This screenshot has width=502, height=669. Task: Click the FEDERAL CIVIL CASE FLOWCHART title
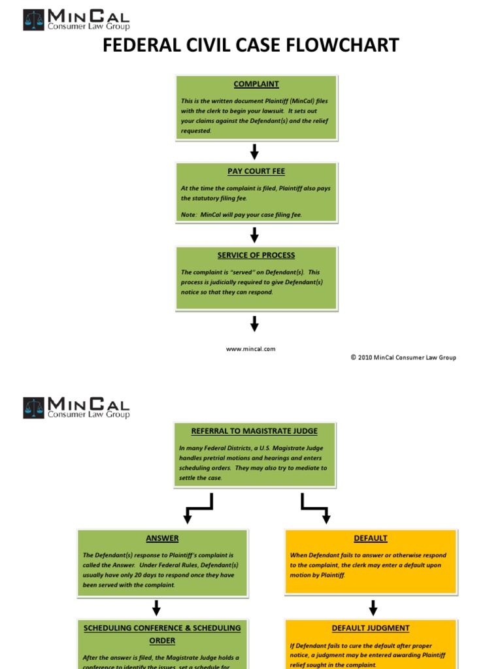point(251,45)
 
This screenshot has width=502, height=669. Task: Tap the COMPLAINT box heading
point(256,84)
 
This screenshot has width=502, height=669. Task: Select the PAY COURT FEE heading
point(256,171)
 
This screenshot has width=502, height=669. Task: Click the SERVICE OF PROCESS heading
point(256,255)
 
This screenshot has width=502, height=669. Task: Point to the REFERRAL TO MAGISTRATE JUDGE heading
point(254,431)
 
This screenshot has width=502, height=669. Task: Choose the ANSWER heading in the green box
point(162,538)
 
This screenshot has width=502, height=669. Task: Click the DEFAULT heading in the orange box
point(371,538)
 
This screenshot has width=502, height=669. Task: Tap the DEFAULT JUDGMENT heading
point(371,628)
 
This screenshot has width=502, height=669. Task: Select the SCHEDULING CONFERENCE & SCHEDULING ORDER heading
point(162,634)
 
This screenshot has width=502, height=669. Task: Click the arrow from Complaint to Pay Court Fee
point(255,152)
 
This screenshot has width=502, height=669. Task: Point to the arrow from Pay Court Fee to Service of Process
point(255,235)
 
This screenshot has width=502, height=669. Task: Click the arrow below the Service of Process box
point(255,323)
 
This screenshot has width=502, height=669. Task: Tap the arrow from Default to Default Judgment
point(373,608)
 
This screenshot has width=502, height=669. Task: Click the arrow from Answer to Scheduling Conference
point(156,608)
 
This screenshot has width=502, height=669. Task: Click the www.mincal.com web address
point(251,349)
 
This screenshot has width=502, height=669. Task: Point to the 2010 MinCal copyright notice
point(403,357)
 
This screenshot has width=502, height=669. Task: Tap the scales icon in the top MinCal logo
point(33,20)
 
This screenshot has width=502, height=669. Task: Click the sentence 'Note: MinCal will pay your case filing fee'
point(241,215)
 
